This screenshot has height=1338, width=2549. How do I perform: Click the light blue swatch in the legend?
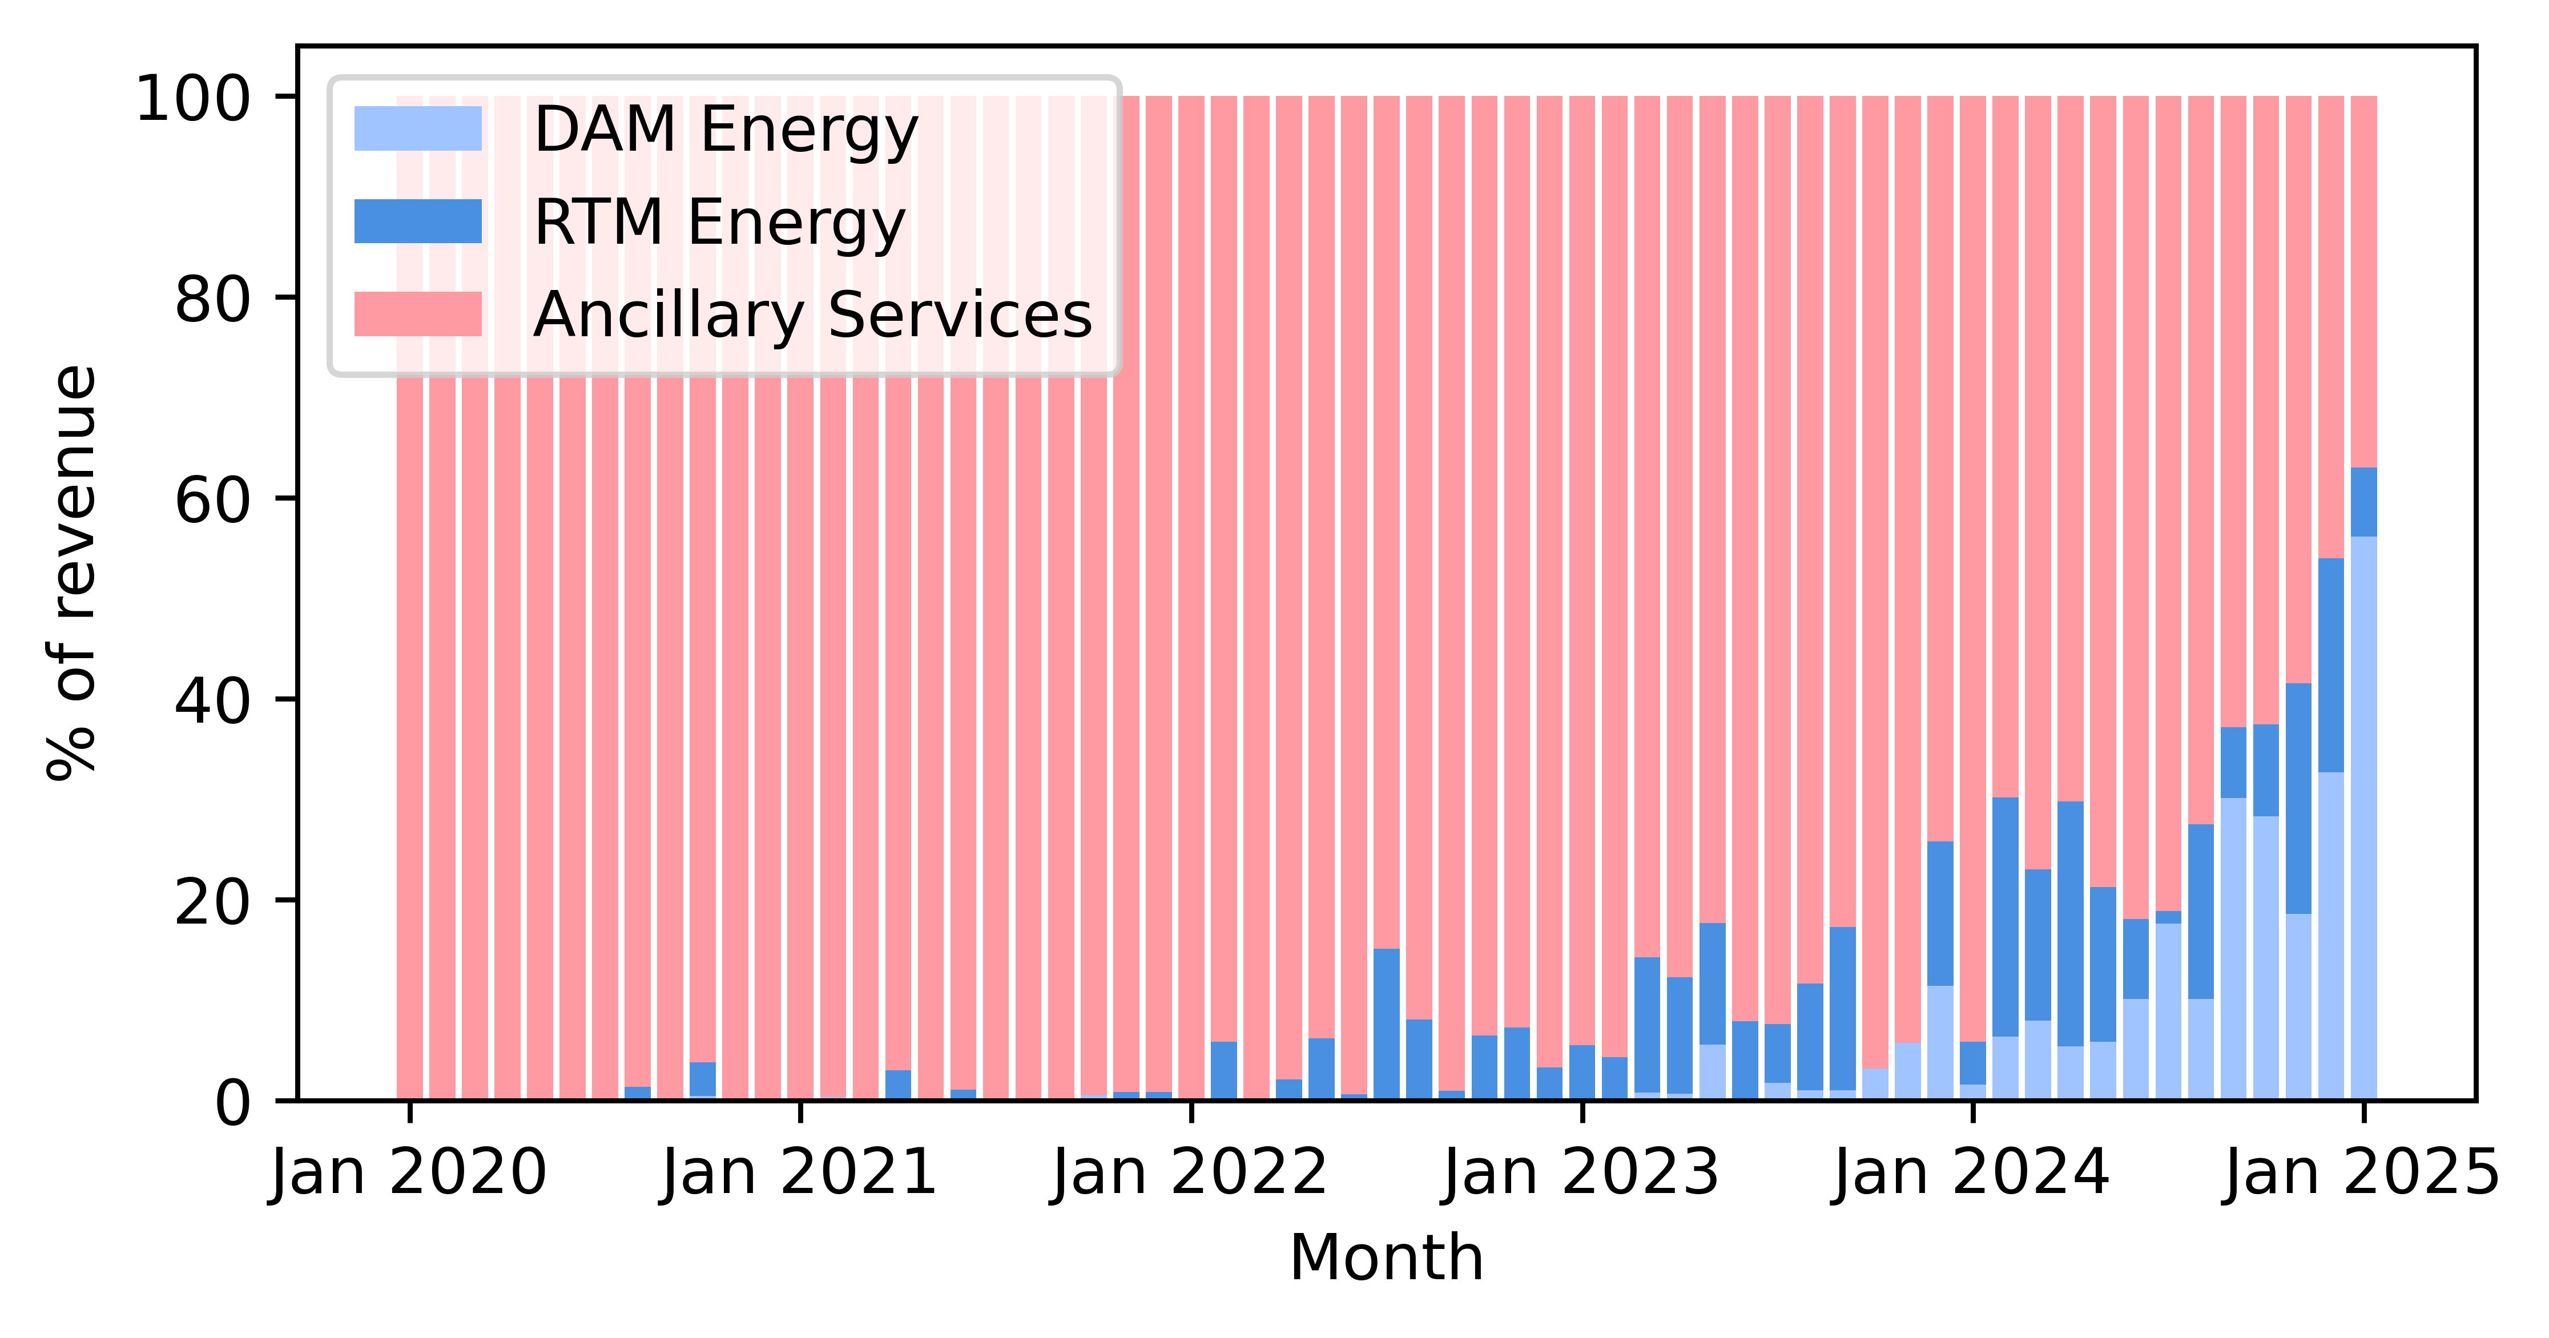pos(417,128)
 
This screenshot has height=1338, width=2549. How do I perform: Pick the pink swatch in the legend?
pos(417,314)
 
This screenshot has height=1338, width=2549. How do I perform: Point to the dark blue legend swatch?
pos(417,221)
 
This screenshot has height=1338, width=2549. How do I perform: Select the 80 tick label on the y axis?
pos(213,300)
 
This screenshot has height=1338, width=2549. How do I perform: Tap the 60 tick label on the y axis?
pos(213,501)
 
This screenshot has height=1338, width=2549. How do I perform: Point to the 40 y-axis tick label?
pos(213,702)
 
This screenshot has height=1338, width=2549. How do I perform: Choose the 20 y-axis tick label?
pos(213,902)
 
